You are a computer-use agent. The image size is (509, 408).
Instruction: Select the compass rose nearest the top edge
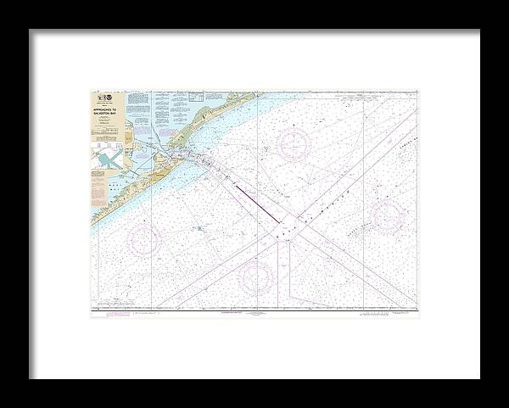pos(293,144)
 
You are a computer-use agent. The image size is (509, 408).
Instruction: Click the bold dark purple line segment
pos(254,204)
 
